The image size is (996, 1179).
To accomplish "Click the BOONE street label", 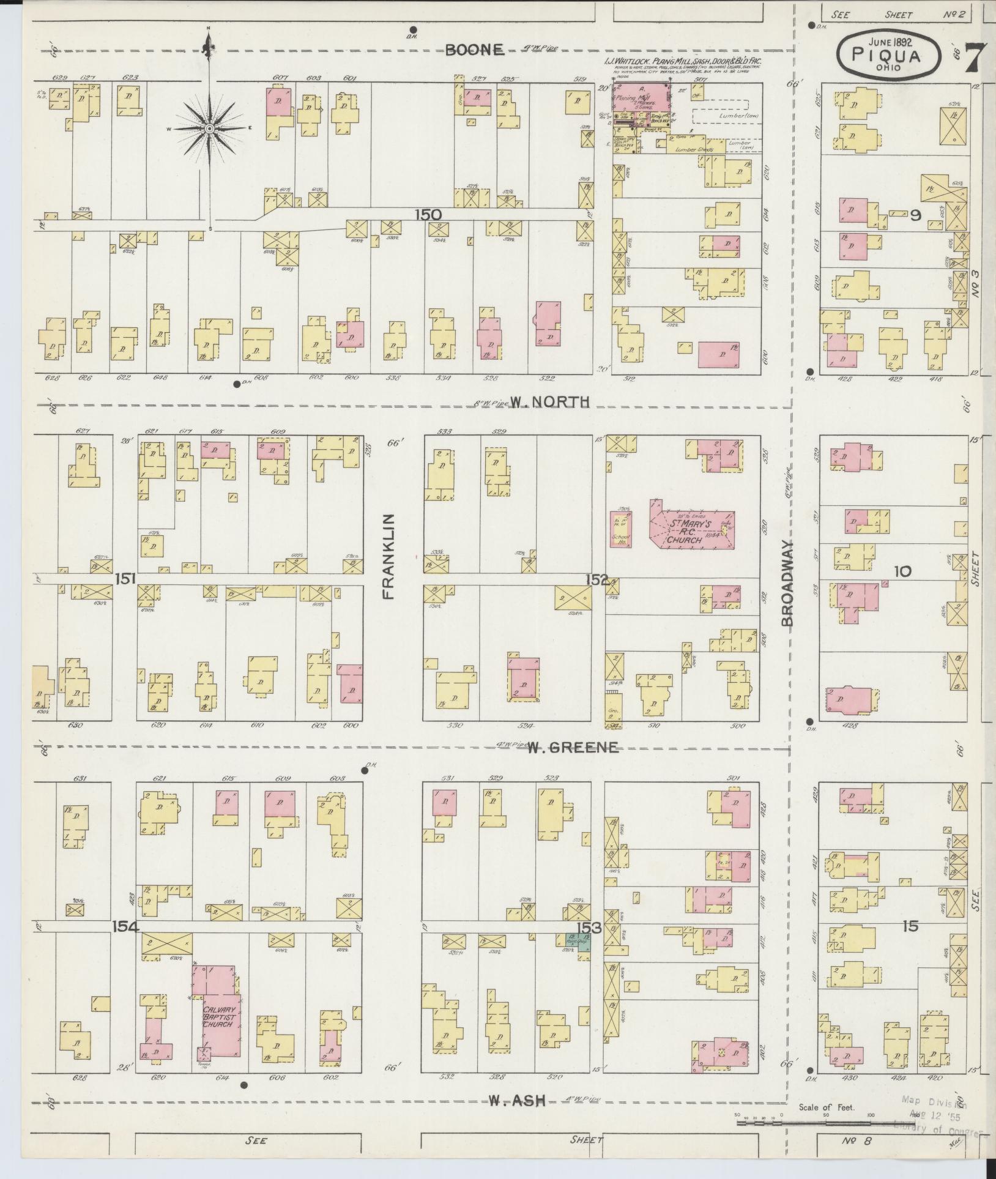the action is pos(474,50).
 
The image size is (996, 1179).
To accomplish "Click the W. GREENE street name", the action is pos(573,747).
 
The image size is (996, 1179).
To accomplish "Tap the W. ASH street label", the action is pos(517,1101).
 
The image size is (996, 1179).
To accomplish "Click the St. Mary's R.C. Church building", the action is pos(691,527).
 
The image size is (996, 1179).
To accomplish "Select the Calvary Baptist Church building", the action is pos(220,1016).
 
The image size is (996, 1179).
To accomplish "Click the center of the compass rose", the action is pos(209,128).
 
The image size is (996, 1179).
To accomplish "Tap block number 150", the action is pos(428,215).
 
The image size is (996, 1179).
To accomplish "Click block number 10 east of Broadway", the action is pos(902,571).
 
